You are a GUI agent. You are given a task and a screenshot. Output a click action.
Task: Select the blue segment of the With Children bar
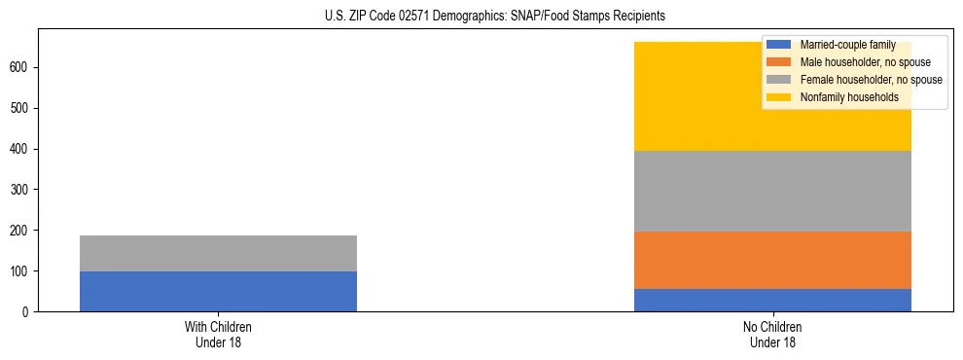218,291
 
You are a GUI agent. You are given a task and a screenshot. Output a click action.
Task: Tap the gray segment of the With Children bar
218,253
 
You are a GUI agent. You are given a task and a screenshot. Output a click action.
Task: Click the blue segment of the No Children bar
772,300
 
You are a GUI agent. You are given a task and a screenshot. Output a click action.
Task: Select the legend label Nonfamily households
849,97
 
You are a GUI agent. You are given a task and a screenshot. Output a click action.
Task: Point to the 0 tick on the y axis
30,311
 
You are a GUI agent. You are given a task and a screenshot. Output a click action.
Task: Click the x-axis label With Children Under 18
218,335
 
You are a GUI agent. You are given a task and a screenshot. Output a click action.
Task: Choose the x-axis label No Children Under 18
772,335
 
